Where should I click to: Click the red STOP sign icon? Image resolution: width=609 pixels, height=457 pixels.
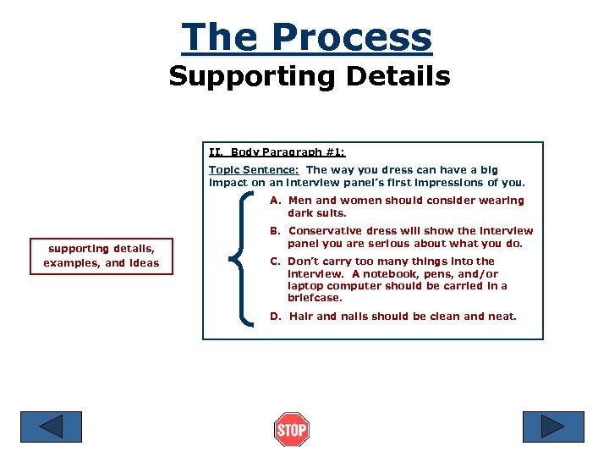click(x=291, y=429)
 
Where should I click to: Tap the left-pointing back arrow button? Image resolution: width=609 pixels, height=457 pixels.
click(x=51, y=426)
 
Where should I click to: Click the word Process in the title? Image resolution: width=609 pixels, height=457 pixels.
click(x=351, y=37)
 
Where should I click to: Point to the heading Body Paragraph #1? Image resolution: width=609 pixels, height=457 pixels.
click(x=288, y=153)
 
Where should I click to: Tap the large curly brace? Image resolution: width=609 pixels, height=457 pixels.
click(x=245, y=258)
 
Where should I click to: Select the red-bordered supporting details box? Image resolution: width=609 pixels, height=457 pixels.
click(x=101, y=256)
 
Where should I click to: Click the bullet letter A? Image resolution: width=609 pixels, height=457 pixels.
click(x=275, y=201)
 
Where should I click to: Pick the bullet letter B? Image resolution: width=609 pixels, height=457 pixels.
click(x=275, y=231)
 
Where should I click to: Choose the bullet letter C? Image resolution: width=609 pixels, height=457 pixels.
click(x=275, y=262)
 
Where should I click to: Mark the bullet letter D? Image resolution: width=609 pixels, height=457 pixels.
click(x=275, y=317)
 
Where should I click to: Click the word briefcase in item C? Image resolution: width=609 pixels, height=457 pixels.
click(x=315, y=298)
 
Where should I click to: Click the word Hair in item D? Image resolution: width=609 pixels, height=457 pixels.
click(x=301, y=317)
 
